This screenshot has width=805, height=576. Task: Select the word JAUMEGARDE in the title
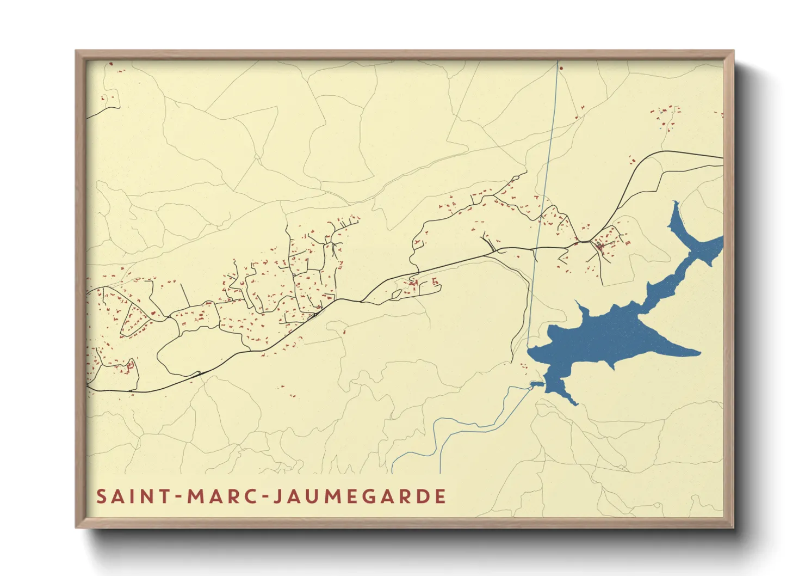359,497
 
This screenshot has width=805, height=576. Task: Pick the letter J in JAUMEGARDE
276,497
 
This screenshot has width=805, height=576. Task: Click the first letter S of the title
101,497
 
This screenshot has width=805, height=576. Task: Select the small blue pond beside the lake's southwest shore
534,385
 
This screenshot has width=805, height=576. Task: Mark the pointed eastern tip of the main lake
698,353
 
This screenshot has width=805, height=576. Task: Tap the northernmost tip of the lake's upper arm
676,203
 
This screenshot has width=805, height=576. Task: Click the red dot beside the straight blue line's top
561,69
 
